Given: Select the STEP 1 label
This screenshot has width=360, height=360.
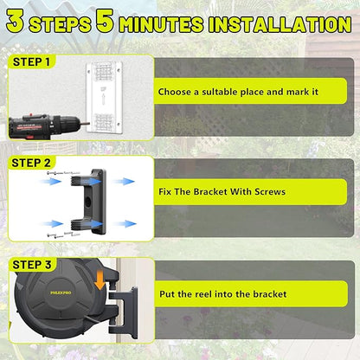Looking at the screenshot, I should point(32,62).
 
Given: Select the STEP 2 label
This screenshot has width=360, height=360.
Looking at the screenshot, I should point(32,162).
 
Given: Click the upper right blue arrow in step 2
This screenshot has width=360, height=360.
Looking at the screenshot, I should point(125,182).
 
